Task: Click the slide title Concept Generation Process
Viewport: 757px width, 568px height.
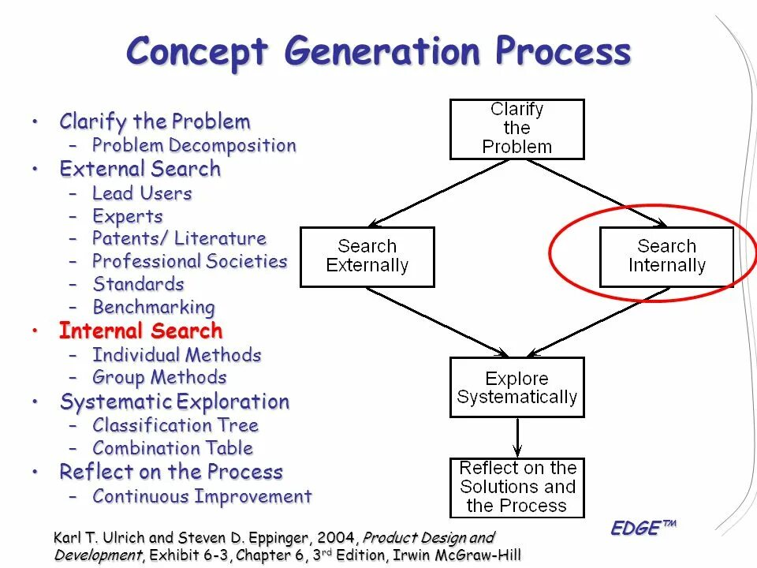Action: [x=378, y=52]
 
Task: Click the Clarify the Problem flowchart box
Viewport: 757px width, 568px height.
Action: [x=516, y=129]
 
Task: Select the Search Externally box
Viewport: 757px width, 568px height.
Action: [x=367, y=256]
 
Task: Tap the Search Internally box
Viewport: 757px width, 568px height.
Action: [x=666, y=256]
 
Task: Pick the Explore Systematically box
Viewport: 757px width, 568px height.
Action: [x=516, y=387]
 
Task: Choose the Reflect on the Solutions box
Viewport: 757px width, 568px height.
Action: [x=516, y=488]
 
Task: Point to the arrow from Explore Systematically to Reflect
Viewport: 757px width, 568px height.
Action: [x=516, y=437]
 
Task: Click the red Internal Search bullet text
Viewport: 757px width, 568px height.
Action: [x=140, y=331]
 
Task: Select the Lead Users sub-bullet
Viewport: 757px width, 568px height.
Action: [x=142, y=193]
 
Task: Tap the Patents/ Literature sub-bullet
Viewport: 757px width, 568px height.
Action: [x=179, y=238]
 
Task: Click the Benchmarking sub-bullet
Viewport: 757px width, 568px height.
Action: [x=153, y=307]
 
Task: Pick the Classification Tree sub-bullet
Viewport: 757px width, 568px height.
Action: [x=175, y=425]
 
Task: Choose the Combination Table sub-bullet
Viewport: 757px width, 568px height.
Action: [x=173, y=448]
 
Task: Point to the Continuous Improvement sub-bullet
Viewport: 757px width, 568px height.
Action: [x=202, y=496]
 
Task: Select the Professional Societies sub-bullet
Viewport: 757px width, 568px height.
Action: [x=189, y=261]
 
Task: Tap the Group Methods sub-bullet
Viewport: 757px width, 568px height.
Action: [x=159, y=377]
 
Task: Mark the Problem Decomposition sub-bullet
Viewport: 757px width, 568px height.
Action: [x=194, y=146]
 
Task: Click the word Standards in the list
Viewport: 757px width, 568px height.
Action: [x=138, y=284]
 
